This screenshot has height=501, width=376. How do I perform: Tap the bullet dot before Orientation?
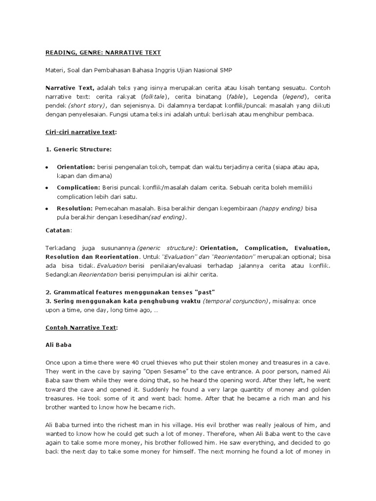(47, 167)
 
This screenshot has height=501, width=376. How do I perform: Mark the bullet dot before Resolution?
(47, 208)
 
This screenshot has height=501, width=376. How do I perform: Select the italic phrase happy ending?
(281, 208)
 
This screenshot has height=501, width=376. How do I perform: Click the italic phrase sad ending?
(168, 217)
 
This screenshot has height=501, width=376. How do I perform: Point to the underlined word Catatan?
(58, 230)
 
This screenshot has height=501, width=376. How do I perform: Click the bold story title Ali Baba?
(58, 344)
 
